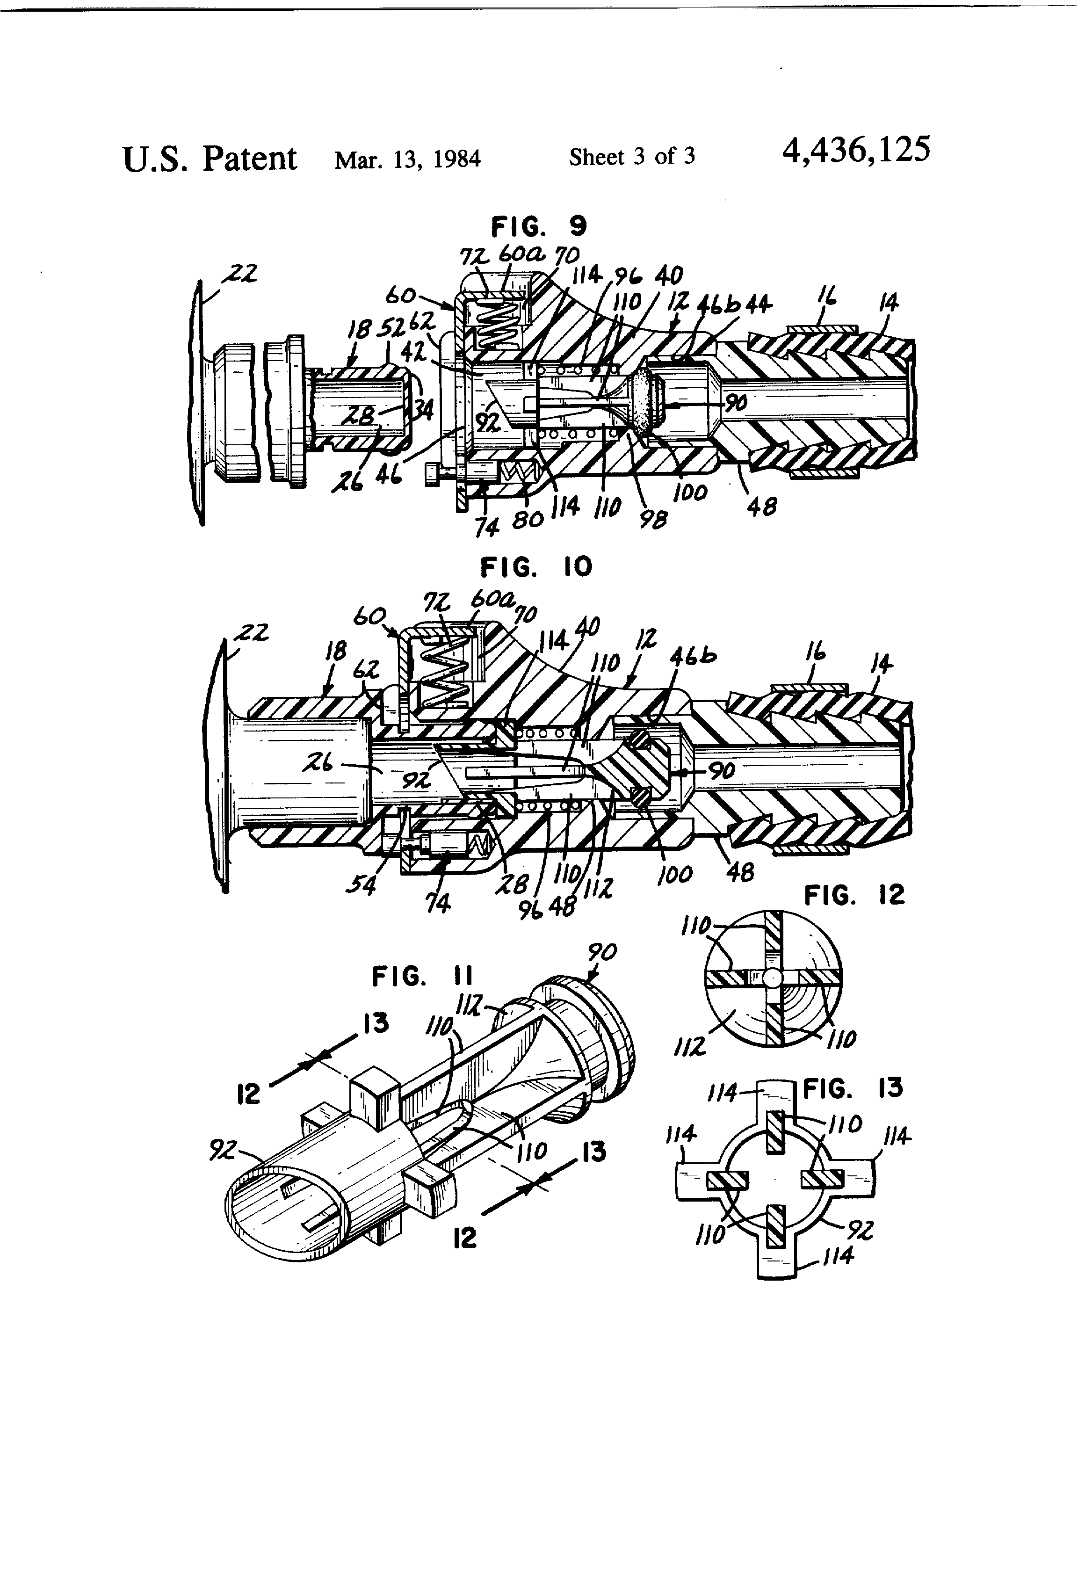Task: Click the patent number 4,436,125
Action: point(856,150)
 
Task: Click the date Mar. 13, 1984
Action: point(407,159)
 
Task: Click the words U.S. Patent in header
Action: point(209,159)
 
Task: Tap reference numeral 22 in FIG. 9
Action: point(239,275)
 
